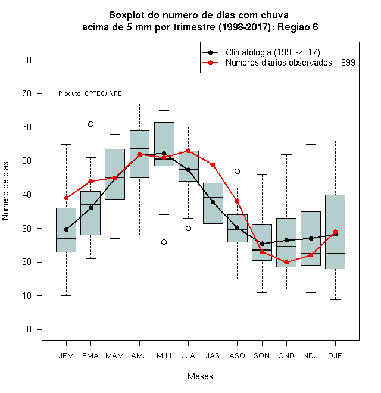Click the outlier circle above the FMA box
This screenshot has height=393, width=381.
point(90,124)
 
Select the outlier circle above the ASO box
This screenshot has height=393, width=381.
point(237,171)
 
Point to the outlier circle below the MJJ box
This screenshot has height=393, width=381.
point(164,242)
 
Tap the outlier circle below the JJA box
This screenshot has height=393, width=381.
point(189,228)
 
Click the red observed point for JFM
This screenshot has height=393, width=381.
point(66,198)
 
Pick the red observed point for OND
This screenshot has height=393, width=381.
point(286,262)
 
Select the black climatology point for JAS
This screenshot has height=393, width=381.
point(213,202)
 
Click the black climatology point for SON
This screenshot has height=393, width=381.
point(262,244)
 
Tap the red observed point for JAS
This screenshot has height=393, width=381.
point(213,165)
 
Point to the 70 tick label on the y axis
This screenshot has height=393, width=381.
point(27,93)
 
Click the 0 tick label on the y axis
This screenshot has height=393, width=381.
point(29,329)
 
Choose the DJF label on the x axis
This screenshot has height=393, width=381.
point(335,356)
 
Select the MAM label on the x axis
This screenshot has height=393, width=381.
point(115,356)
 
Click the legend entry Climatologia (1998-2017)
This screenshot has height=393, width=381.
point(273,52)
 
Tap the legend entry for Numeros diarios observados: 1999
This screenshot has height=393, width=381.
point(291,63)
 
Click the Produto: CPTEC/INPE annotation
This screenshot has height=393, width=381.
point(90,93)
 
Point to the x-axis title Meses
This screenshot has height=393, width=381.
point(200,376)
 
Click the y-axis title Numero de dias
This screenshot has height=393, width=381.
point(5,191)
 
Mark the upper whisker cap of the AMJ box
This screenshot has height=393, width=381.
point(140,104)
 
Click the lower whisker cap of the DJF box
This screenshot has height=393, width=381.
point(335,300)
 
